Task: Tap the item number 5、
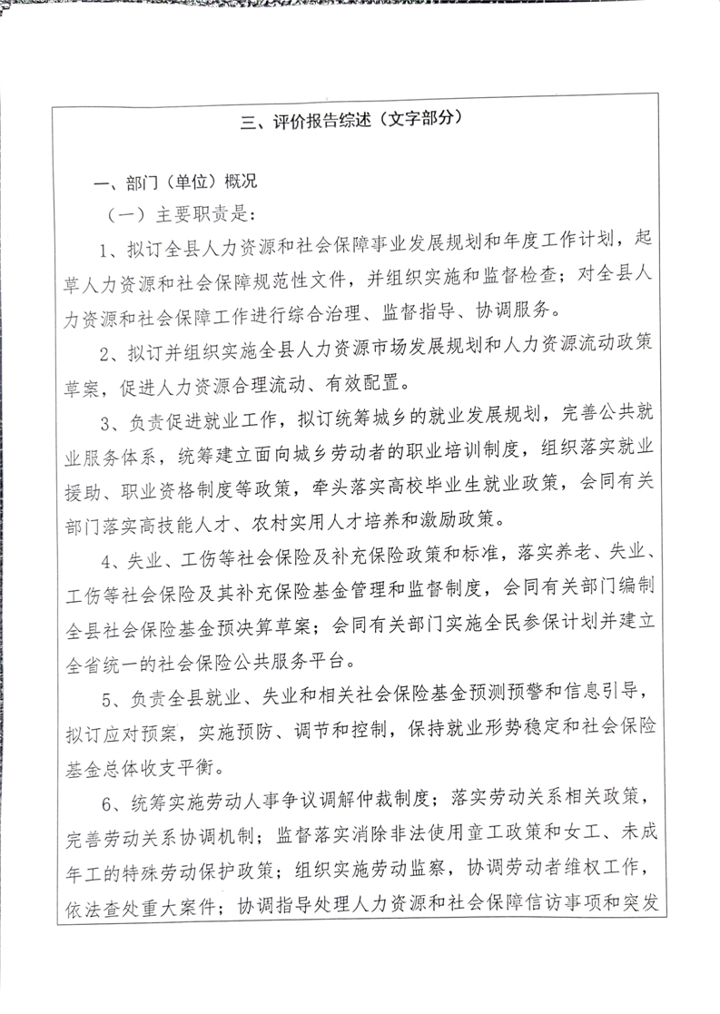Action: click(112, 695)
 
